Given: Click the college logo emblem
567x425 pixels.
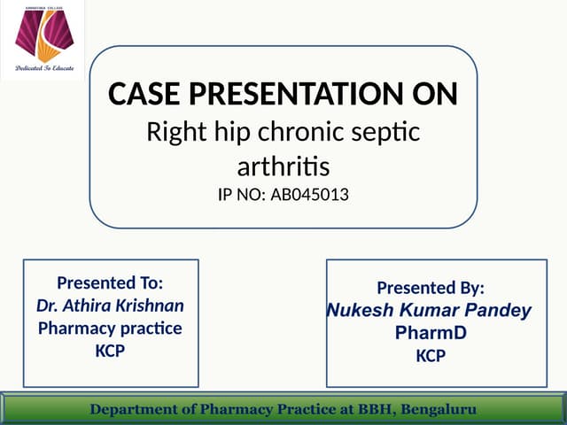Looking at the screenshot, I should (x=43, y=35).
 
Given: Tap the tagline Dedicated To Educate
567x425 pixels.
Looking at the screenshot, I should (x=43, y=68).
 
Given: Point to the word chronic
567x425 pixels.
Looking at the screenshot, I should (x=288, y=134).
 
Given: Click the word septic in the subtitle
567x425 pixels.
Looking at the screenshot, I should (x=382, y=134).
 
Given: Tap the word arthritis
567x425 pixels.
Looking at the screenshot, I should (x=283, y=166).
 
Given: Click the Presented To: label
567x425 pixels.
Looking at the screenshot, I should (x=110, y=283).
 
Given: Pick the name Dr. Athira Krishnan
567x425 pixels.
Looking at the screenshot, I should (x=110, y=305).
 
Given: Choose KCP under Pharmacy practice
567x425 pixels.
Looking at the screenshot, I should (x=110, y=351).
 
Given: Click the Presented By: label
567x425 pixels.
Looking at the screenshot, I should (x=431, y=288).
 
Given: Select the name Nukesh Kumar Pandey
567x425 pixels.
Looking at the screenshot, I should (x=430, y=311).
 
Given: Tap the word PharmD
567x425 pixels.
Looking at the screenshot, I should (x=431, y=333).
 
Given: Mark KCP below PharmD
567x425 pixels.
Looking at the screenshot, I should (x=431, y=356).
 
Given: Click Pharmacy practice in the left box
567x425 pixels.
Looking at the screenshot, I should (x=110, y=328).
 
